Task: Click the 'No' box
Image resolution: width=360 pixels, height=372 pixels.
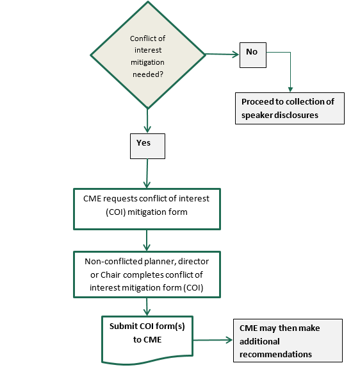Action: point(253,55)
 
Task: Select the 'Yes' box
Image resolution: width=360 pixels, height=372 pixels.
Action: point(147,146)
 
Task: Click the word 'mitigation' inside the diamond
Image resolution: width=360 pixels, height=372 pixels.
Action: point(147,62)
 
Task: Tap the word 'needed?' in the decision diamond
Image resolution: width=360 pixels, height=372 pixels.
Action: point(148,74)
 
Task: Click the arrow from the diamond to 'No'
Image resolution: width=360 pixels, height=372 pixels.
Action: point(222,55)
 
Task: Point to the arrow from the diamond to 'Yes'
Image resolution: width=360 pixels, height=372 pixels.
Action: point(147,121)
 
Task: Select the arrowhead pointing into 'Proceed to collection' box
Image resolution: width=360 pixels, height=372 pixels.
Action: point(290,89)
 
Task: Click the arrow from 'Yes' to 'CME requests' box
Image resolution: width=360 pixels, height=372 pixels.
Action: point(147,173)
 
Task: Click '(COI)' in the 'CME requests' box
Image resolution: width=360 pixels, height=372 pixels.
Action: point(116,212)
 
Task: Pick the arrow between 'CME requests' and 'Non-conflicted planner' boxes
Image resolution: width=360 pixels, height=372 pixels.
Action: point(147,240)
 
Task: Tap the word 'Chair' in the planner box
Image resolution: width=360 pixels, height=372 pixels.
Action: point(110,275)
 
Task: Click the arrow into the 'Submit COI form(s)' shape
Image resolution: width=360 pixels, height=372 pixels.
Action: point(147,307)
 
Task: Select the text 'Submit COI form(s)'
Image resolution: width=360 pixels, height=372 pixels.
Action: point(147,326)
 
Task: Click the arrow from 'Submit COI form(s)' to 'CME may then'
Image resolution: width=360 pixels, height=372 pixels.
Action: point(213,340)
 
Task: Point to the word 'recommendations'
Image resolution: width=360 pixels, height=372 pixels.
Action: point(275,354)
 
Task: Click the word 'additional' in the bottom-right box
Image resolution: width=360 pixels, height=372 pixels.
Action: point(259,341)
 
